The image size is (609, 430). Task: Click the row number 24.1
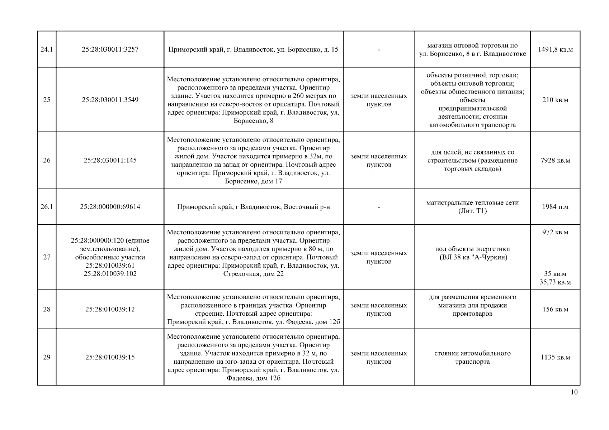click(47, 49)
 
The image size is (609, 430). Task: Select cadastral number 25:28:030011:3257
click(110, 49)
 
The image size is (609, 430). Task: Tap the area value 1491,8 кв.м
click(555, 49)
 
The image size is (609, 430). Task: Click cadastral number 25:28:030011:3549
click(110, 100)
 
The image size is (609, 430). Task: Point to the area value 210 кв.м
click(555, 100)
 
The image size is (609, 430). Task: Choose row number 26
click(47, 160)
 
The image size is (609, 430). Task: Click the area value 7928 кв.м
click(555, 160)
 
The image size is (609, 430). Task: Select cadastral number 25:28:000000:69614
click(110, 207)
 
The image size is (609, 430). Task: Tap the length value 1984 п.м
click(555, 207)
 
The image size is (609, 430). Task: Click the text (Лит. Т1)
click(472, 211)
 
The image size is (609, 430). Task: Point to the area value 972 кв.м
click(555, 232)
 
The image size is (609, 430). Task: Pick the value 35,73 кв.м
click(555, 282)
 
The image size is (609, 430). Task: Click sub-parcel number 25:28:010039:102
click(110, 274)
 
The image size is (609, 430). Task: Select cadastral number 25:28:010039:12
click(110, 309)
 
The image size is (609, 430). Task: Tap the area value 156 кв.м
click(555, 309)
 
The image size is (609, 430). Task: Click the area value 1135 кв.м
click(555, 357)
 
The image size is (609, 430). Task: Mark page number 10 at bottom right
click(574, 392)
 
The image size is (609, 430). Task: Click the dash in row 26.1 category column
click(379, 207)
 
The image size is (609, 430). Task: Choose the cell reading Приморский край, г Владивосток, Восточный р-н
click(253, 207)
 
